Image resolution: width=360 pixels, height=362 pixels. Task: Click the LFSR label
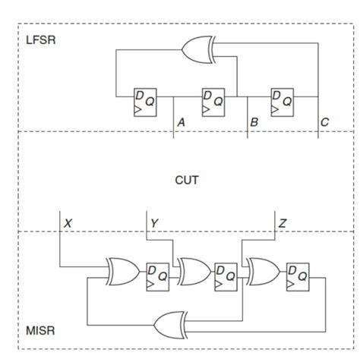tap(40, 39)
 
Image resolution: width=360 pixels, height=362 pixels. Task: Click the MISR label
tap(39, 332)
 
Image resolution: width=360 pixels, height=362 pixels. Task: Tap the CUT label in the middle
tap(187, 180)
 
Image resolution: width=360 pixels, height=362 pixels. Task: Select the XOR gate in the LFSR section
tap(199, 50)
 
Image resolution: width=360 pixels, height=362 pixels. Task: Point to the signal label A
tap(181, 121)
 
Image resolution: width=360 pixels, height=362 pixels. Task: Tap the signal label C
tap(325, 121)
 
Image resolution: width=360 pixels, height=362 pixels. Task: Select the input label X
tap(68, 223)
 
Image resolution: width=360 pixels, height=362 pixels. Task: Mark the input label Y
tap(154, 223)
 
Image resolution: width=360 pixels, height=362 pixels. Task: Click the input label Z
tap(282, 223)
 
